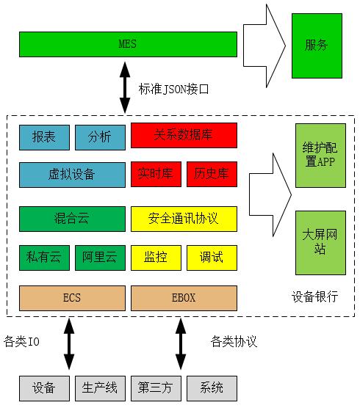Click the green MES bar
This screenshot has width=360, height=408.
128,44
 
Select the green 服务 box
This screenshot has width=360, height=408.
317,45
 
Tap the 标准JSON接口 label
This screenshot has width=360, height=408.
173,90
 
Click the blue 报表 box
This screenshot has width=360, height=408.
44,137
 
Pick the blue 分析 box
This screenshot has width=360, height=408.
101,137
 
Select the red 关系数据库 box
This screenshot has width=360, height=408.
184,135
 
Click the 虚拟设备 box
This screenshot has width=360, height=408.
72,175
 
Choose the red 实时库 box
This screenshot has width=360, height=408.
156,174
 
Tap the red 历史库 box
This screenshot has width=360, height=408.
212,174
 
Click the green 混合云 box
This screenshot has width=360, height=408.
72,219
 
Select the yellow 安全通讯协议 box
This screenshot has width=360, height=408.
184,219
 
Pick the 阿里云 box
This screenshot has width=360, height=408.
101,258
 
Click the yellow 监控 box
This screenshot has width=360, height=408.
156,258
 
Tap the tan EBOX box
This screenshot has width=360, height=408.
184,298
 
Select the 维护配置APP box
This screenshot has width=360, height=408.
320,156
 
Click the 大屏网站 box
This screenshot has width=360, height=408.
320,243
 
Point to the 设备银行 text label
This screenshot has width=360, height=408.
315,296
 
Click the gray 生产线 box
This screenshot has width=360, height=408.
101,388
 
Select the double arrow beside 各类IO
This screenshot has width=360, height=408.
69,343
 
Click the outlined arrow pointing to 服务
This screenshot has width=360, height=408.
264,45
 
